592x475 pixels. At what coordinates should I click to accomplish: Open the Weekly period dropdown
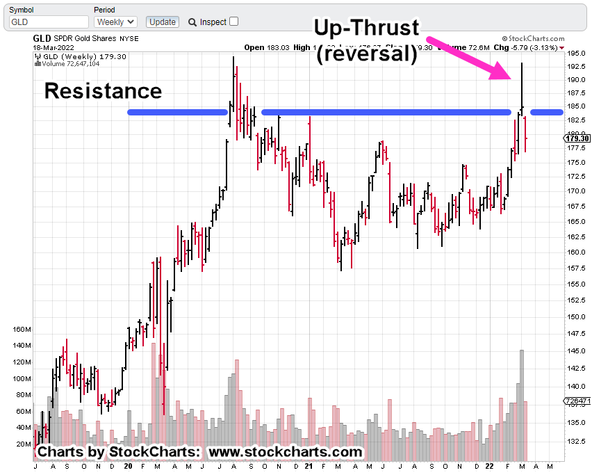(115, 22)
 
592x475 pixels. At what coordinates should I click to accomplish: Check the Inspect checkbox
(233, 22)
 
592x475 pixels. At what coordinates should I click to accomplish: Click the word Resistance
(103, 91)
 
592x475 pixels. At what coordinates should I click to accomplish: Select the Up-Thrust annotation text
(367, 28)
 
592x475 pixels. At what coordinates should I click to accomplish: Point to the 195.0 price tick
(574, 54)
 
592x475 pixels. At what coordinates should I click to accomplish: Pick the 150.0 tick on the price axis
(574, 316)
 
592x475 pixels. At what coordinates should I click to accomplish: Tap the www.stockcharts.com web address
(285, 452)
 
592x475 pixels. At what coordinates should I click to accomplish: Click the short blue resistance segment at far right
(547, 112)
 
